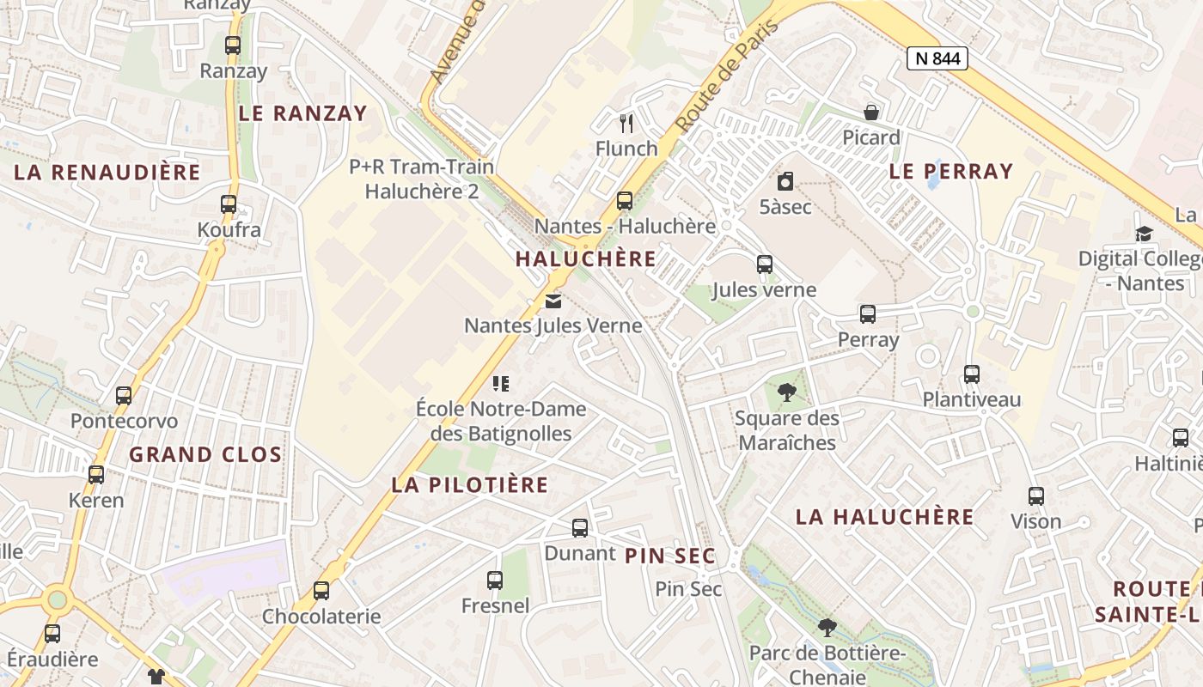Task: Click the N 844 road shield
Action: click(937, 58)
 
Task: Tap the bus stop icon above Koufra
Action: click(228, 204)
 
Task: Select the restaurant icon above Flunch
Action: click(626, 124)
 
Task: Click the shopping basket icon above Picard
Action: click(871, 112)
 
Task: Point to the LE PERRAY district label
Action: click(951, 171)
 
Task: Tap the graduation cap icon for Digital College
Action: click(1144, 234)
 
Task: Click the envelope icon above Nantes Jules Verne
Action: click(553, 301)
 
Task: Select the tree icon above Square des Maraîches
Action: click(786, 393)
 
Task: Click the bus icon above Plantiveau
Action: click(972, 374)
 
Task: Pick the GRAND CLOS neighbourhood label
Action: click(205, 454)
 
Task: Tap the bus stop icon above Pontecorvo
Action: click(124, 396)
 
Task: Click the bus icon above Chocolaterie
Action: click(321, 591)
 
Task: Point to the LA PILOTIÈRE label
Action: click(469, 484)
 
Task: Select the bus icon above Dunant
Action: click(580, 528)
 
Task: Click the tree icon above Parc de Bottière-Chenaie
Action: click(827, 628)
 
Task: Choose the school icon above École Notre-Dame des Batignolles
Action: click(501, 384)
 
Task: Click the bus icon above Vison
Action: click(1036, 496)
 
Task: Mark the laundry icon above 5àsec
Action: click(785, 182)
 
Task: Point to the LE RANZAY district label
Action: click(302, 113)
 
